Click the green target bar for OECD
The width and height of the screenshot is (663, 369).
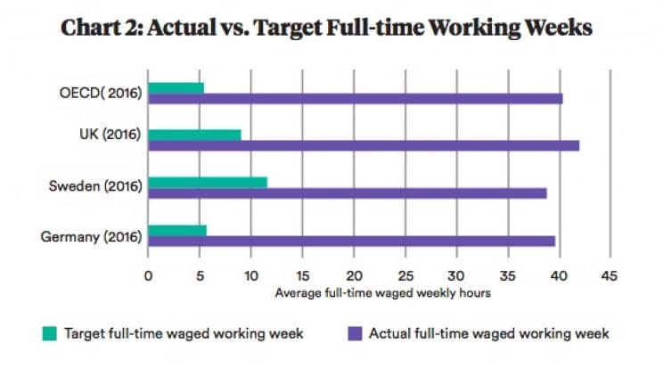pyautogui.click(x=176, y=87)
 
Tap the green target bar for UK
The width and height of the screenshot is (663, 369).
pyautogui.click(x=194, y=135)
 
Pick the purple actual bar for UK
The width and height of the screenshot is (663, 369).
pyautogui.click(x=364, y=145)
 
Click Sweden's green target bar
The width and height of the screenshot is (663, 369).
pyautogui.click(x=207, y=182)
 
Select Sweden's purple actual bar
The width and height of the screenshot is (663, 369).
pyautogui.click(x=347, y=193)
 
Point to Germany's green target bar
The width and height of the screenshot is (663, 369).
pyautogui.click(x=176, y=230)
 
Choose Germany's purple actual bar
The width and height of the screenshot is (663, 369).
pyautogui.click(x=351, y=241)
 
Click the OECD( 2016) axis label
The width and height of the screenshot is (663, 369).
pyautogui.click(x=101, y=92)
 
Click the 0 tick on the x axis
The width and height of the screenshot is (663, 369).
pyautogui.click(x=148, y=275)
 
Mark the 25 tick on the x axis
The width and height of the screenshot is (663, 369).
pyautogui.click(x=405, y=275)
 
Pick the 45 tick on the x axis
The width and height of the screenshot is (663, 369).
pyautogui.click(x=610, y=275)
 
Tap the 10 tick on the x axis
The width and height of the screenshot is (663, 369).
pyautogui.click(x=250, y=275)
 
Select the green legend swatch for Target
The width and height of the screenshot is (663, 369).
pyautogui.click(x=50, y=334)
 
